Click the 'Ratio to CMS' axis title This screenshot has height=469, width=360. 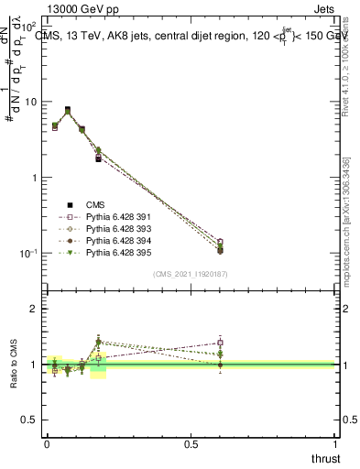14,364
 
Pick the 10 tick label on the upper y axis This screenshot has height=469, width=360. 31,103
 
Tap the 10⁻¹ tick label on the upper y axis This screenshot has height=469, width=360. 29,254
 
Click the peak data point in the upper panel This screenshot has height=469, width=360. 67,110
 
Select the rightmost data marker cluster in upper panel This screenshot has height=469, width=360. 220,245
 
